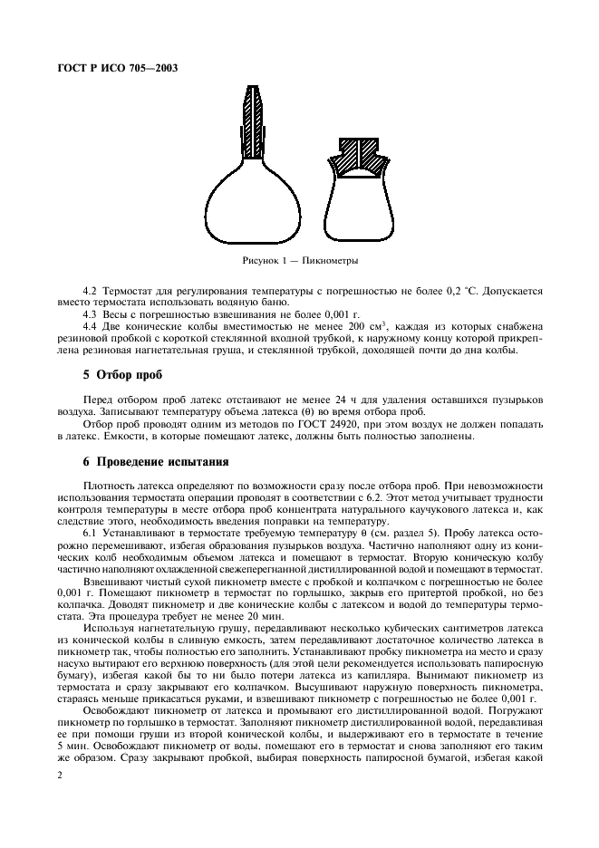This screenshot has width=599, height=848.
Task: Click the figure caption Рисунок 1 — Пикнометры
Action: [299, 260]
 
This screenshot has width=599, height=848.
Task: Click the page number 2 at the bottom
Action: [59, 776]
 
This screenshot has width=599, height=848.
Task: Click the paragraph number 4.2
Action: [91, 292]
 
